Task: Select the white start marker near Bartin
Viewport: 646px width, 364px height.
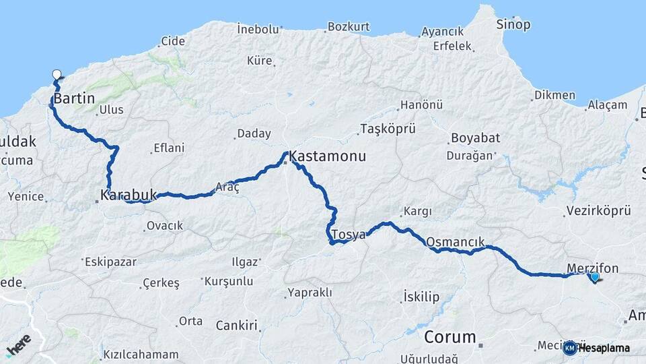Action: pos(57,75)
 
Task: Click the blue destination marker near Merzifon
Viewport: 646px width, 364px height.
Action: pos(594,276)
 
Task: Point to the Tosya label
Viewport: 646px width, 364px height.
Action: pos(351,235)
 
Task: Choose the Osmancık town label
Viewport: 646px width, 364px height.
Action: pos(455,242)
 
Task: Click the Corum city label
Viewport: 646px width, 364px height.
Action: pos(450,337)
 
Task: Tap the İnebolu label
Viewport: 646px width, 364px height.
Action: pos(258,29)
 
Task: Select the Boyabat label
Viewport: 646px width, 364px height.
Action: pos(475,138)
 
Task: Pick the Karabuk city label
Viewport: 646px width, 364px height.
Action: pos(128,195)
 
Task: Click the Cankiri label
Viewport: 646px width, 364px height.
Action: pos(237,326)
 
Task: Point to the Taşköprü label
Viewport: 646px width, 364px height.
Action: pos(388,129)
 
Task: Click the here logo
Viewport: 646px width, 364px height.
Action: pos(19,344)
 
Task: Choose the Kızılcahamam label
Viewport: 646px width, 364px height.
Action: pos(141,355)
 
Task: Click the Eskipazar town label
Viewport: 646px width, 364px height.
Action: pos(111,262)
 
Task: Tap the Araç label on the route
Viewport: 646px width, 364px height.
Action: pos(227,187)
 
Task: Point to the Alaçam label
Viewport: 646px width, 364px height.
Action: pos(607,105)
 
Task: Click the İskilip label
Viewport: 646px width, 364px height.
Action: pos(421,297)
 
